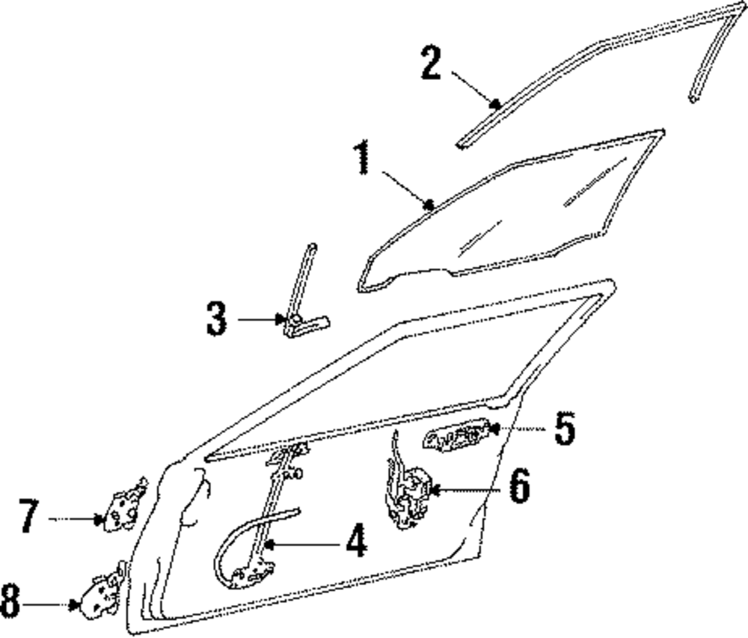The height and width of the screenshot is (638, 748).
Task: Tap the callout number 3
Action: [x=216, y=319]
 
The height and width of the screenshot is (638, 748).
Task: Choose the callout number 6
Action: [x=518, y=487]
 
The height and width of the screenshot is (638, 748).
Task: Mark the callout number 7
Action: [x=28, y=518]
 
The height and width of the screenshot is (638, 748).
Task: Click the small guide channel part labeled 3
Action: [x=302, y=314]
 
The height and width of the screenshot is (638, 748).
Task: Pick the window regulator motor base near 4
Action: [x=253, y=574]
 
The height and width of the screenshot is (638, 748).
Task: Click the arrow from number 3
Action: [x=258, y=319]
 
